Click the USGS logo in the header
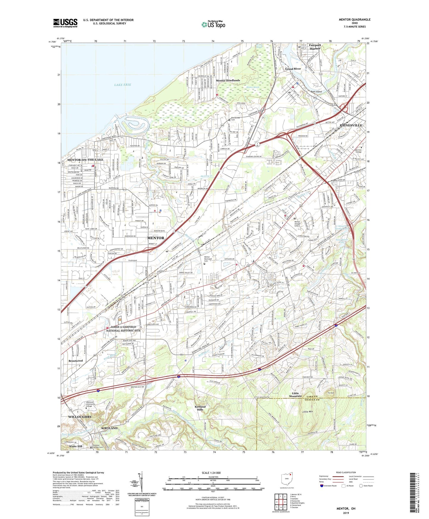pyautogui.click(x=65, y=23)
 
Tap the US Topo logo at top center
pyautogui.click(x=213, y=24)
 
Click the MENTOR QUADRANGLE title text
pyautogui.click(x=354, y=20)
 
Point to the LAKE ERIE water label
pyautogui.click(x=123, y=85)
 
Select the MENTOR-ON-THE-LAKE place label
pyautogui.click(x=85, y=160)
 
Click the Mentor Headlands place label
pyautogui.click(x=228, y=81)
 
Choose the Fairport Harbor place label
pyautogui.click(x=315, y=47)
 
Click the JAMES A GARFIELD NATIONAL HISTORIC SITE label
pyautogui.click(x=123, y=328)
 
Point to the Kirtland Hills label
pyautogui.click(x=200, y=408)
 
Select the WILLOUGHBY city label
pyautogui.click(x=80, y=417)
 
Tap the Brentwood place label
pyautogui.click(x=76, y=361)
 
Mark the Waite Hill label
pyautogui.click(x=76, y=446)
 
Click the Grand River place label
pyautogui.click(x=293, y=69)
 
